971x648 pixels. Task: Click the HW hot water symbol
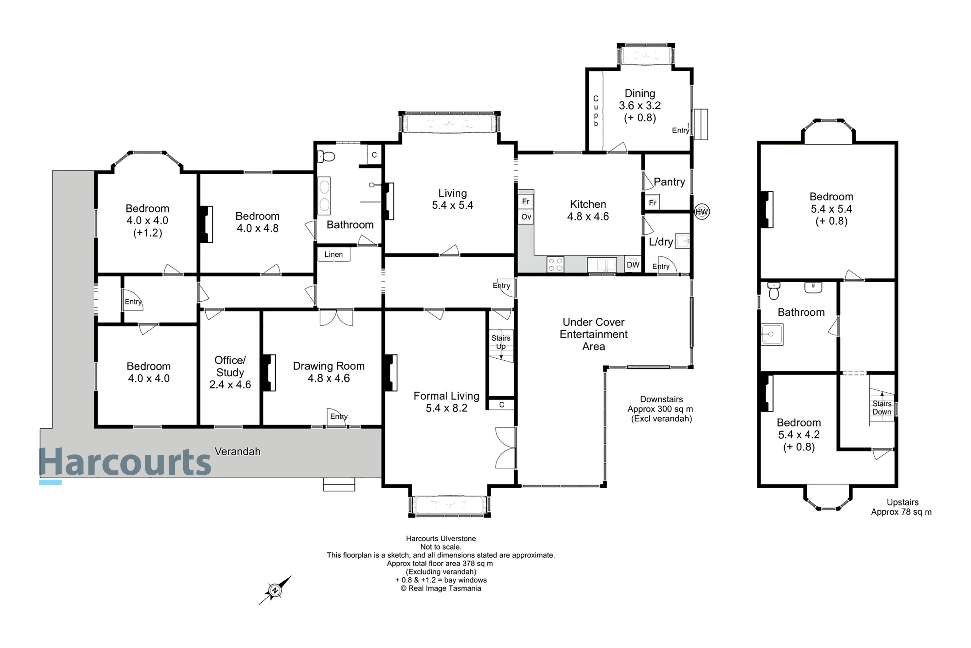coord(701,212)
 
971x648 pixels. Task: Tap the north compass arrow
coord(275,590)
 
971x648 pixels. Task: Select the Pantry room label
coord(669,182)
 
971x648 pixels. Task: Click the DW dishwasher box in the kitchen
coord(633,264)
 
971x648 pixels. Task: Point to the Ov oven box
coord(526,216)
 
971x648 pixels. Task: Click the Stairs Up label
coord(501,342)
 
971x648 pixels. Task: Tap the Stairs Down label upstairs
coord(882,408)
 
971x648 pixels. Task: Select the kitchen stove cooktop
coord(555,264)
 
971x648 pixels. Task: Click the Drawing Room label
coord(329,366)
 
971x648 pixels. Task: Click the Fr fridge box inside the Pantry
coord(652,202)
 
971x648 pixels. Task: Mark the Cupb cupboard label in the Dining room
coord(596,111)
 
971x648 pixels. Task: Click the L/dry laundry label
coord(661,242)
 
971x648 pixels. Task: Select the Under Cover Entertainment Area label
coord(593,334)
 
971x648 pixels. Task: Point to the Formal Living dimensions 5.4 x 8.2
coord(446,408)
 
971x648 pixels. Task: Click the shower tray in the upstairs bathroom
coord(772,334)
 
